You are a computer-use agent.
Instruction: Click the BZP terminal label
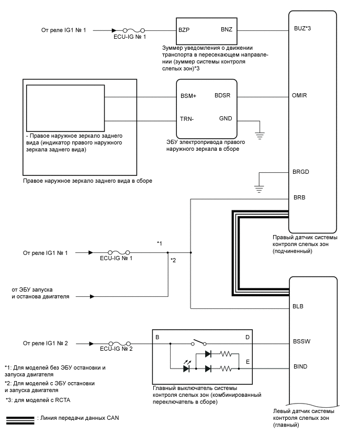pos(184,30)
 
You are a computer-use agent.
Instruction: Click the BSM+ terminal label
pos(188,97)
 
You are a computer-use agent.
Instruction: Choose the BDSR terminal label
pos(226,96)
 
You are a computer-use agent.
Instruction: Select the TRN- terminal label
pos(187,119)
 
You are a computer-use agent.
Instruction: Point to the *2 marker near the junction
pos(173,260)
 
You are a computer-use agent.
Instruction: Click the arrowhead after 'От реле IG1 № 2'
pos(92,344)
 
